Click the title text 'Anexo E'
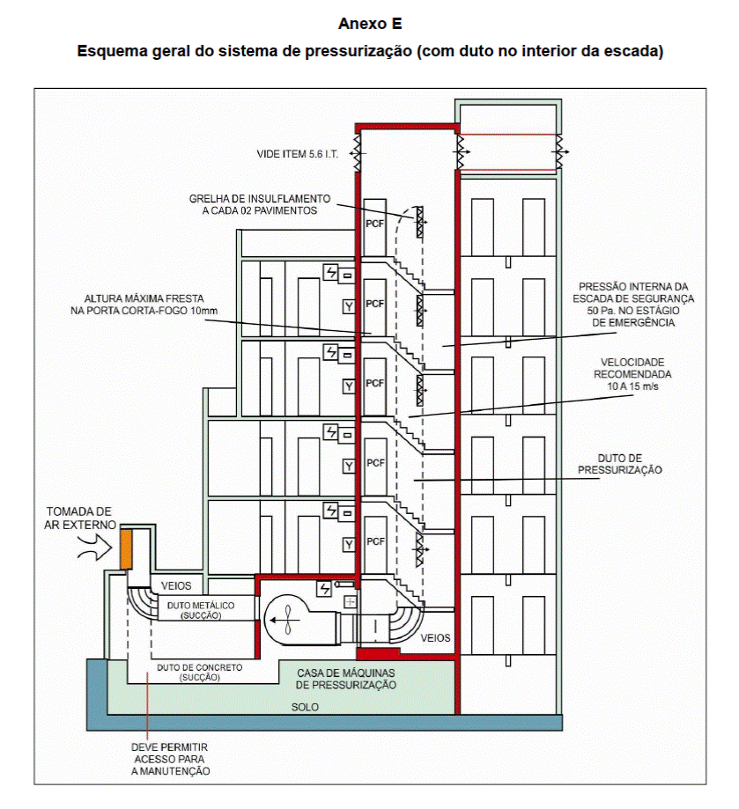370,24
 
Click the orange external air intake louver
126,549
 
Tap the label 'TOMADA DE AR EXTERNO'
79,518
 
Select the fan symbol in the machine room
287,620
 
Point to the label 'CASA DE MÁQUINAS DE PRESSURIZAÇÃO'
346,679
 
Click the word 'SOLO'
305,707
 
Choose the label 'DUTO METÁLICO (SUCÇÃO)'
201,610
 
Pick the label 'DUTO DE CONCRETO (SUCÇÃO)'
200,673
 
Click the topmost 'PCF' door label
375,224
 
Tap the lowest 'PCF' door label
375,541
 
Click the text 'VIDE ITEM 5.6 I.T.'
297,154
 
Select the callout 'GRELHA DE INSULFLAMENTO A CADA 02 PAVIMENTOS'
260,204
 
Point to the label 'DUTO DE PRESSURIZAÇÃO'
619,464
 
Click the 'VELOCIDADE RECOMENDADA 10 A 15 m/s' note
632,374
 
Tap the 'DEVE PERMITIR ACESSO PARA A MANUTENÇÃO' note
170,759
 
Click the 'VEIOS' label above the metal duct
176,585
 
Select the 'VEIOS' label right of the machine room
435,637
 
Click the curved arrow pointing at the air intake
95,548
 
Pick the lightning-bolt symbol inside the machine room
324,588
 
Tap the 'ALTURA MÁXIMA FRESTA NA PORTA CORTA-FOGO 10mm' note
144,305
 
